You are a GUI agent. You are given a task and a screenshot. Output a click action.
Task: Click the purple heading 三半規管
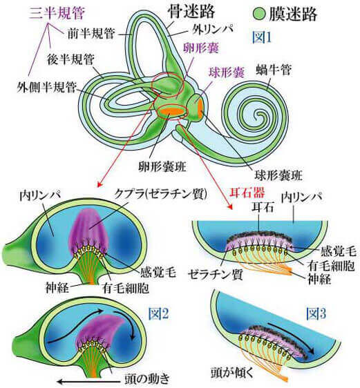click(x=57, y=13)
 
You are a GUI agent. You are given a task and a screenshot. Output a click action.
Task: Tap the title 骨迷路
click(x=191, y=11)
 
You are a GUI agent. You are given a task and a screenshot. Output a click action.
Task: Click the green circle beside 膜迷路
click(x=260, y=14)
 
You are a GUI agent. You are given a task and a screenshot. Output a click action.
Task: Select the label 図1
click(x=262, y=38)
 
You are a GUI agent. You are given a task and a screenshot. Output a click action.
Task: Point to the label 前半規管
click(x=91, y=33)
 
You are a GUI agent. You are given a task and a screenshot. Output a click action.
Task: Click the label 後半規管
click(x=70, y=59)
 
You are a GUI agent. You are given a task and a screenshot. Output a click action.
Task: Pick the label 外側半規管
click(x=46, y=87)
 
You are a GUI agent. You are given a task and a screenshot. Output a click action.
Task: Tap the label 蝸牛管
click(x=274, y=70)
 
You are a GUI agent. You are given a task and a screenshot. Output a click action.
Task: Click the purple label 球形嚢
click(x=227, y=72)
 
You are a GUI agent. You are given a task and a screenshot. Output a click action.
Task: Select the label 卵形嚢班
click(x=162, y=167)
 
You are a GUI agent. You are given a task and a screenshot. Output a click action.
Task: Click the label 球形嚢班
click(x=278, y=175)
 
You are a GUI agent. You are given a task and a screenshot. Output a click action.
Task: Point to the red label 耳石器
click(x=247, y=193)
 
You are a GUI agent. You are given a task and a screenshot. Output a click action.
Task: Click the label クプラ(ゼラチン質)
click(x=160, y=195)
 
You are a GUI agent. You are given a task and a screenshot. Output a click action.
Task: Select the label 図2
click(x=158, y=313)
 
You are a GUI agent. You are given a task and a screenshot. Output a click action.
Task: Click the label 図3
click(x=316, y=313)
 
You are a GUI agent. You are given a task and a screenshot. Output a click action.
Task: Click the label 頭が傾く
click(x=232, y=373)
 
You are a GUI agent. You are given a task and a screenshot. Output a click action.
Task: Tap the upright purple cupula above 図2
click(x=89, y=231)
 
